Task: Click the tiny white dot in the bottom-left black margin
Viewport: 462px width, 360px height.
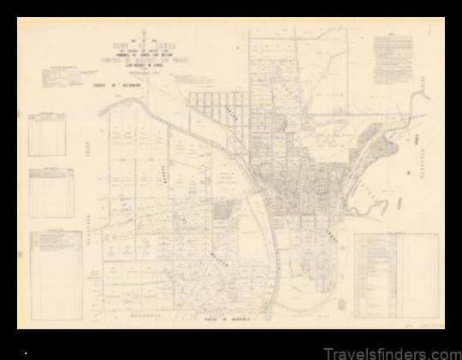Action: (x=27, y=351)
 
